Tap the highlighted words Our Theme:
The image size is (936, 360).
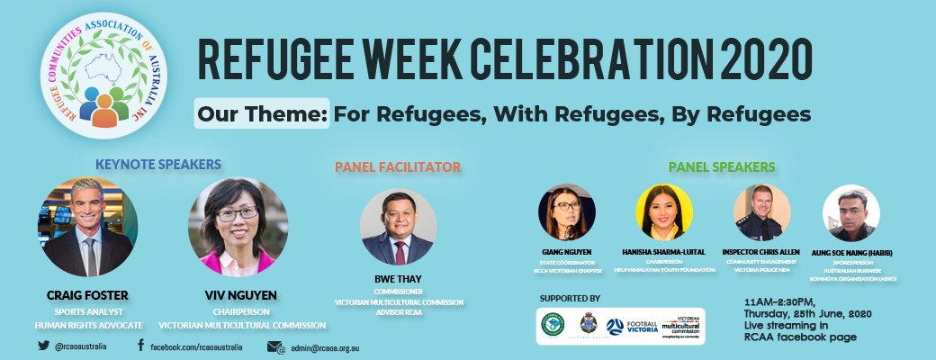pyautogui.click(x=263, y=114)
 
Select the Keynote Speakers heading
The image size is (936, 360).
pyautogui.click(x=158, y=164)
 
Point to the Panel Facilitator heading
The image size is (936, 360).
pyautogui.click(x=398, y=166)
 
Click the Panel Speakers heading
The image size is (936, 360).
pyautogui.click(x=722, y=166)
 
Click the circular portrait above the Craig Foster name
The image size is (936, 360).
pyautogui.click(x=87, y=226)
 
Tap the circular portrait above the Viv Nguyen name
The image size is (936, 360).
pyautogui.click(x=238, y=226)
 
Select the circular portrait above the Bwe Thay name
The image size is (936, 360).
pyautogui.click(x=398, y=227)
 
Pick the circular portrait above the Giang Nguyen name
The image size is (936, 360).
pyautogui.click(x=567, y=213)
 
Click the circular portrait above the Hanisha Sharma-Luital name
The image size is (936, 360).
pyautogui.click(x=664, y=213)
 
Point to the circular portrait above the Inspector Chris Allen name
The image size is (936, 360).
pyautogui.click(x=762, y=213)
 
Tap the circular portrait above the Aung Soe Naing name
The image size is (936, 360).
pyautogui.click(x=850, y=213)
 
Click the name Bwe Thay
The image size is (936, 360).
pyautogui.click(x=398, y=280)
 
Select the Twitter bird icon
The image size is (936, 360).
pyautogui.click(x=43, y=346)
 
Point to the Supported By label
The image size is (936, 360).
pyautogui.click(x=570, y=297)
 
